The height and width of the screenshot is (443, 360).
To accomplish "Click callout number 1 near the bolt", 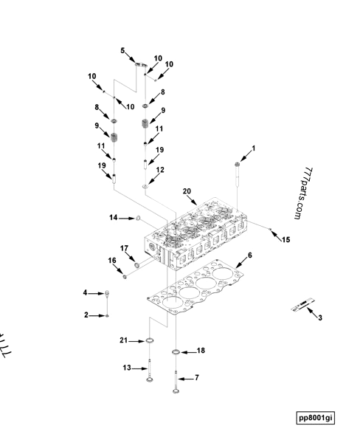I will pyautogui.click(x=253, y=148).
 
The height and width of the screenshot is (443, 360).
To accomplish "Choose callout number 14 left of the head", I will pyautogui.click(x=114, y=217).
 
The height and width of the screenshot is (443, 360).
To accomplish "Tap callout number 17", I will pyautogui.click(x=125, y=248).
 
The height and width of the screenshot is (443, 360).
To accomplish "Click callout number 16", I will pyautogui.click(x=113, y=261).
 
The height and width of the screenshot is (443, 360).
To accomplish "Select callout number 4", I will pyautogui.click(x=86, y=293).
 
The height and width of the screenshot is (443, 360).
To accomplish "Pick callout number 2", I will pyautogui.click(x=86, y=315).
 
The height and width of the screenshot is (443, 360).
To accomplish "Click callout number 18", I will pyautogui.click(x=200, y=351).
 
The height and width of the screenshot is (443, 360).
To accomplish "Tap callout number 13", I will pyautogui.click(x=126, y=367).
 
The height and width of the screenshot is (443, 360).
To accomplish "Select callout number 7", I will pyautogui.click(x=196, y=377).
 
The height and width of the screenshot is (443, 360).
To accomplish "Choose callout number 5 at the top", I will pyautogui.click(x=123, y=50).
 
